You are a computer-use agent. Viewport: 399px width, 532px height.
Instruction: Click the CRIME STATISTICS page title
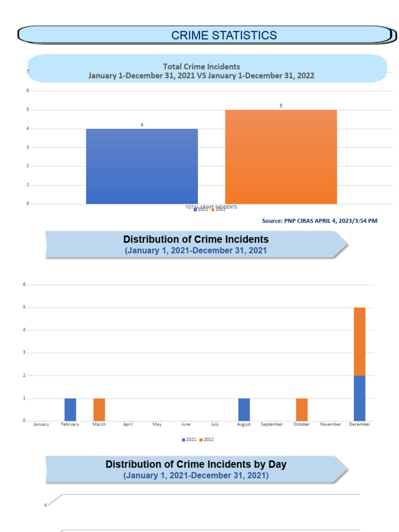tap(224, 35)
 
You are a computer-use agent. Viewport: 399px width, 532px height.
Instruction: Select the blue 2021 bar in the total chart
tap(142, 166)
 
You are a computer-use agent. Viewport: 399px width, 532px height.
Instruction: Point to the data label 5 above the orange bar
tap(281, 105)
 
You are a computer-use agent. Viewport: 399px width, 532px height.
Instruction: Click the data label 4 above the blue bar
tap(142, 125)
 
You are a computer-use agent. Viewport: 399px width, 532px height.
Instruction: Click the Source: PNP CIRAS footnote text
tap(320, 221)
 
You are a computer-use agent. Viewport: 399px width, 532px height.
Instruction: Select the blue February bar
tap(70, 409)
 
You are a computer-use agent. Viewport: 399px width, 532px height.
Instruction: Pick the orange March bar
tap(99, 409)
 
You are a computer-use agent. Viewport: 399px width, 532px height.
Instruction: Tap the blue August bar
tap(244, 409)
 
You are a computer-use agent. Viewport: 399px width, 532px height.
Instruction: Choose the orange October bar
tap(302, 409)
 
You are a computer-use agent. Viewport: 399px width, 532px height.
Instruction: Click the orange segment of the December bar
tap(360, 341)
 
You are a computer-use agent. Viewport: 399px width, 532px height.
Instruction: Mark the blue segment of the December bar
tap(360, 398)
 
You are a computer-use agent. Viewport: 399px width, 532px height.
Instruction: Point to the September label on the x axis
tap(272, 424)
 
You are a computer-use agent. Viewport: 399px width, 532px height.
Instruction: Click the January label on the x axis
tap(41, 424)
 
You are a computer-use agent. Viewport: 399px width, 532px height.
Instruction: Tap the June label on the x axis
tap(185, 424)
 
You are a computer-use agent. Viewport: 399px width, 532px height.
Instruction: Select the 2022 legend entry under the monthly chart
tap(207, 440)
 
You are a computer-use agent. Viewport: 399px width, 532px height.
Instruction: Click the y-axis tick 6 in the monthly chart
tap(24, 285)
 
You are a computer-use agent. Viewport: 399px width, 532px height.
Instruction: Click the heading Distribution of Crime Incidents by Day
tap(196, 464)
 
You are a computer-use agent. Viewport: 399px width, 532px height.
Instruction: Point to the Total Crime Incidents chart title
tap(202, 66)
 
